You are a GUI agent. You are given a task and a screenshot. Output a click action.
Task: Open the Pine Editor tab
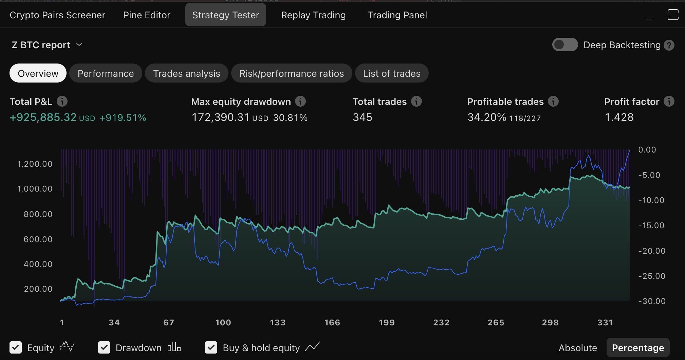[147, 15]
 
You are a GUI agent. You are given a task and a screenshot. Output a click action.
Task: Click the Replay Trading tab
[313, 15]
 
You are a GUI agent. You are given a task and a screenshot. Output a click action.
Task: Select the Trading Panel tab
[397, 15]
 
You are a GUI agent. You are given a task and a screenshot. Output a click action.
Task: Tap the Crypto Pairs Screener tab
[57, 15]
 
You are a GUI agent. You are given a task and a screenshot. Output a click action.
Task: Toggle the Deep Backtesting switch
[565, 45]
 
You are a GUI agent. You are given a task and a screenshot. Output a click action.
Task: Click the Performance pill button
[106, 73]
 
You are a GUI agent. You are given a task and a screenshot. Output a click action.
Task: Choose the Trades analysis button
[186, 73]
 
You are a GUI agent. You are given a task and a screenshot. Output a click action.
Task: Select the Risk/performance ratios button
[291, 73]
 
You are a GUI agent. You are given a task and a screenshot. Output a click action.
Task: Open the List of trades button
[391, 73]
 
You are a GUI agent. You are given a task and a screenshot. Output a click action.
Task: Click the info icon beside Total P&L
[62, 101]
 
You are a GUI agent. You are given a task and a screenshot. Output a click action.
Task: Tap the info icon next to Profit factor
[669, 101]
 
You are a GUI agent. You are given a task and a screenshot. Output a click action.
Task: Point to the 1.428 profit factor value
[619, 118]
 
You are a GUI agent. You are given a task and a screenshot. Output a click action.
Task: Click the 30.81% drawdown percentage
[290, 118]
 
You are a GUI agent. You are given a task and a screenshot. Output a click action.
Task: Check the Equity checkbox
[16, 347]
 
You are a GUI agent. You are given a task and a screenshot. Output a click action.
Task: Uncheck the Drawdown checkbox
[104, 347]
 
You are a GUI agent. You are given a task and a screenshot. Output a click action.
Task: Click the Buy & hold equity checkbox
[211, 347]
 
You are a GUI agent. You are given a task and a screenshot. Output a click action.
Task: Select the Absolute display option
[577, 348]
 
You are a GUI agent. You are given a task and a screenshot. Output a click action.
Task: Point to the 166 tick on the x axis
[332, 323]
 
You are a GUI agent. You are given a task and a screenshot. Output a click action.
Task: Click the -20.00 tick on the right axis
[652, 251]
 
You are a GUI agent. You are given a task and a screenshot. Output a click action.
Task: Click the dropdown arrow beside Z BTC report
[79, 45]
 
